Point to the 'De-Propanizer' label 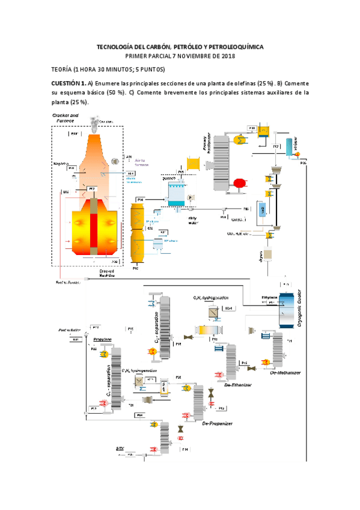point(216,423)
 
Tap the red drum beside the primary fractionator point(240,183)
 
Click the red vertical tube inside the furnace point(94,228)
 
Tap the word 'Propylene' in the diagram point(102,340)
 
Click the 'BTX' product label point(120,448)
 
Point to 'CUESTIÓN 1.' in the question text point(68,83)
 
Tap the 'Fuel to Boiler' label point(69,331)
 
